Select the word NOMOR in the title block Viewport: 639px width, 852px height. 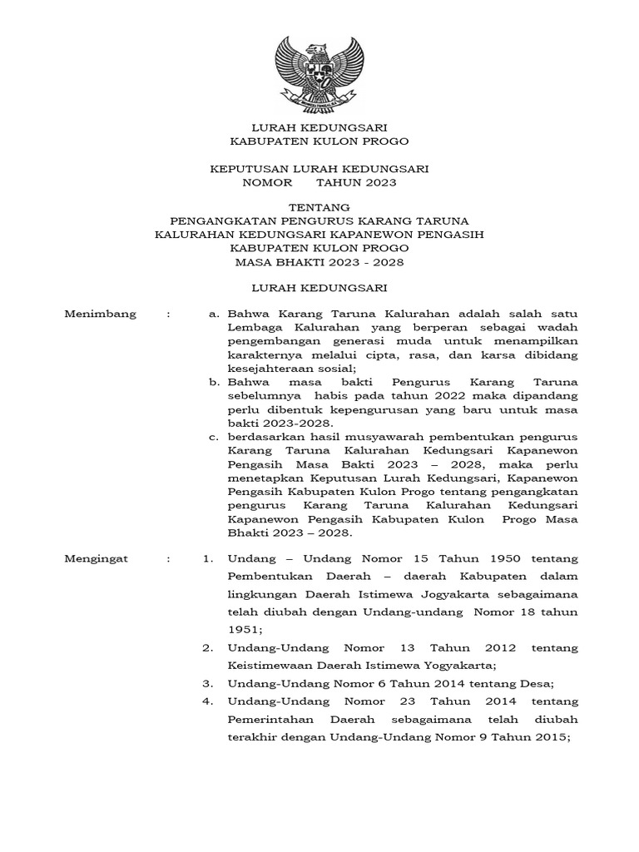[x=262, y=182]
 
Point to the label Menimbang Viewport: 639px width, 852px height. [x=97, y=315]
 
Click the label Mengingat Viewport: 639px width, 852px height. [x=97, y=559]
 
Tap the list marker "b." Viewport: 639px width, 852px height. [x=215, y=382]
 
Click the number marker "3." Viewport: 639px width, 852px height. [x=209, y=683]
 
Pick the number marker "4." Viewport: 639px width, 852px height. [x=209, y=701]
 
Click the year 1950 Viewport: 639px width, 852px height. [x=496, y=559]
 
